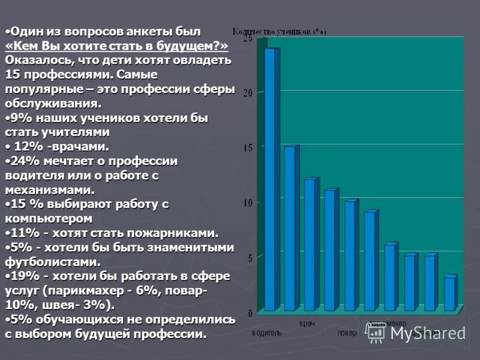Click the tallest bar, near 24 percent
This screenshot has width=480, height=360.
coord(270,180)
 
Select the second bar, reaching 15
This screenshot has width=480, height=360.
coord(290,228)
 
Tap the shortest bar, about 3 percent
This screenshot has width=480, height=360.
coord(449,294)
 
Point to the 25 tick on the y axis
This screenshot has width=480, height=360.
coord(246,38)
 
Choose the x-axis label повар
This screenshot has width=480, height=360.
coord(347,333)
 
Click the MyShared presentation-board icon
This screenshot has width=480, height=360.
coord(377,332)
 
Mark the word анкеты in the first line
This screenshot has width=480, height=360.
coord(129,31)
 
